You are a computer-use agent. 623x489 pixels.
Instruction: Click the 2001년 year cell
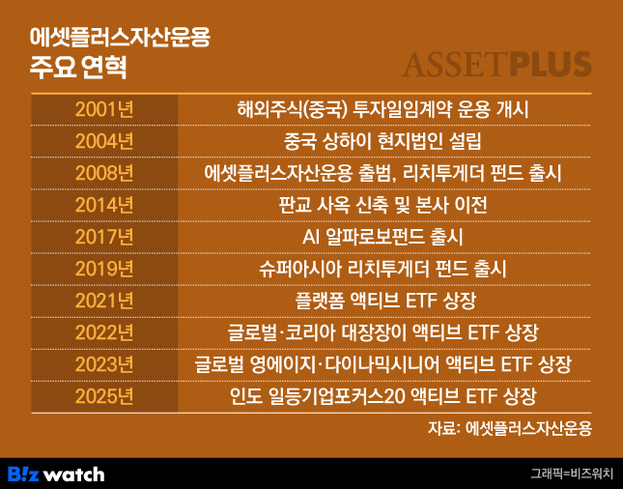click(x=104, y=109)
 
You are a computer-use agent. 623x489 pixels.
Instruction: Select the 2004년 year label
click(x=104, y=141)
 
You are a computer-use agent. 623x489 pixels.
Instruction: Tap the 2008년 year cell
click(x=104, y=173)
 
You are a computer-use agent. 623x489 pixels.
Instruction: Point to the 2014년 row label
click(x=104, y=205)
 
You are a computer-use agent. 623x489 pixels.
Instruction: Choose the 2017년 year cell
click(x=104, y=237)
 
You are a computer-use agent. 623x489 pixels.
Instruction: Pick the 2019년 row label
click(x=104, y=269)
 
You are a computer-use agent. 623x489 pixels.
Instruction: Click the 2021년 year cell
click(x=104, y=301)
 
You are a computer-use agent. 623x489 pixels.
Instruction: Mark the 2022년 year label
click(x=104, y=332)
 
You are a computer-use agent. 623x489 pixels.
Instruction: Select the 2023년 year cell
click(x=104, y=364)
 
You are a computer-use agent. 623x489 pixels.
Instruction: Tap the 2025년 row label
click(x=104, y=397)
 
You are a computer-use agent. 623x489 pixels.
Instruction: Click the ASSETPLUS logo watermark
click(x=496, y=65)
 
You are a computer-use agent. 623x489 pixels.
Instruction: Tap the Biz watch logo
click(x=56, y=474)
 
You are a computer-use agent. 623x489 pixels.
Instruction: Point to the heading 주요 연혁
click(x=78, y=67)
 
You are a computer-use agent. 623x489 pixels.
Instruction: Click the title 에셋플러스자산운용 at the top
click(x=120, y=38)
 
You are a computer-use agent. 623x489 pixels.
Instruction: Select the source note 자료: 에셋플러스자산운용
click(x=510, y=428)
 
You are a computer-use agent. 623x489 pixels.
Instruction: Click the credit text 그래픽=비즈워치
click(x=573, y=474)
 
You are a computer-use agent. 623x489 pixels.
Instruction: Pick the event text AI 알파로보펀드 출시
click(x=382, y=237)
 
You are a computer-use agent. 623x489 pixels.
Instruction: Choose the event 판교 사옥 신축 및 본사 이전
click(x=382, y=205)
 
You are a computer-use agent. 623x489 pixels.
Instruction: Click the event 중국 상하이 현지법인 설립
click(x=382, y=141)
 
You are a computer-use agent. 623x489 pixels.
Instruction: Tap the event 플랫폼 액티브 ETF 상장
click(x=385, y=301)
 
